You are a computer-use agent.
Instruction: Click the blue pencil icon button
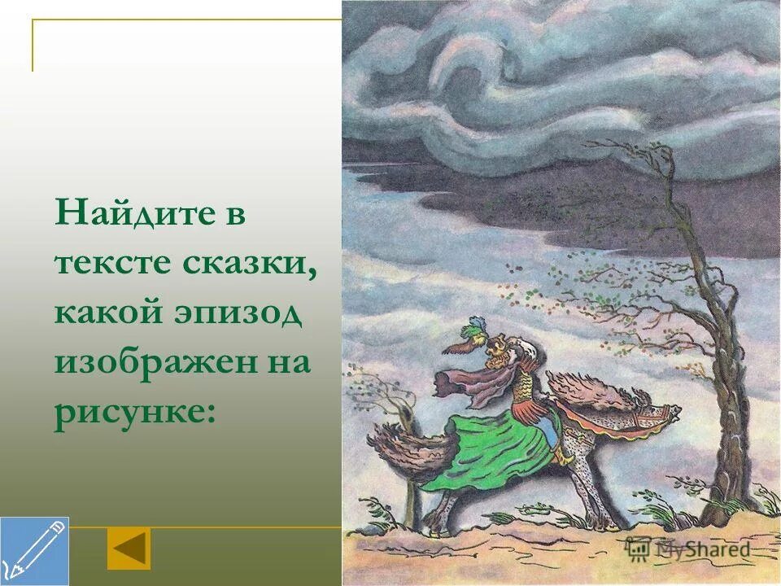[x=34, y=551]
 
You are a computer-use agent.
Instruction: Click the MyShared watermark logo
[x=687, y=549]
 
